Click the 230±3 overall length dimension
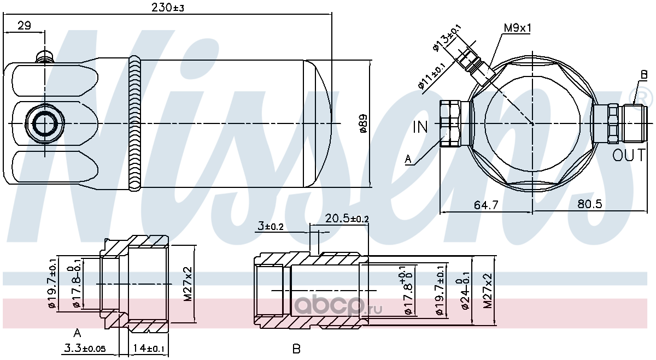(x=167, y=8)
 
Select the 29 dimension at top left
(x=24, y=26)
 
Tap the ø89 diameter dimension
(x=363, y=123)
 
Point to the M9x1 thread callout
(x=517, y=28)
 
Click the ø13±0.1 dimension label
(x=447, y=38)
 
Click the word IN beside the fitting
(x=420, y=127)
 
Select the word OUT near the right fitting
(x=629, y=155)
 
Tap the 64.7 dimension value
(x=486, y=205)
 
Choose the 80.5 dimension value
(x=589, y=204)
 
